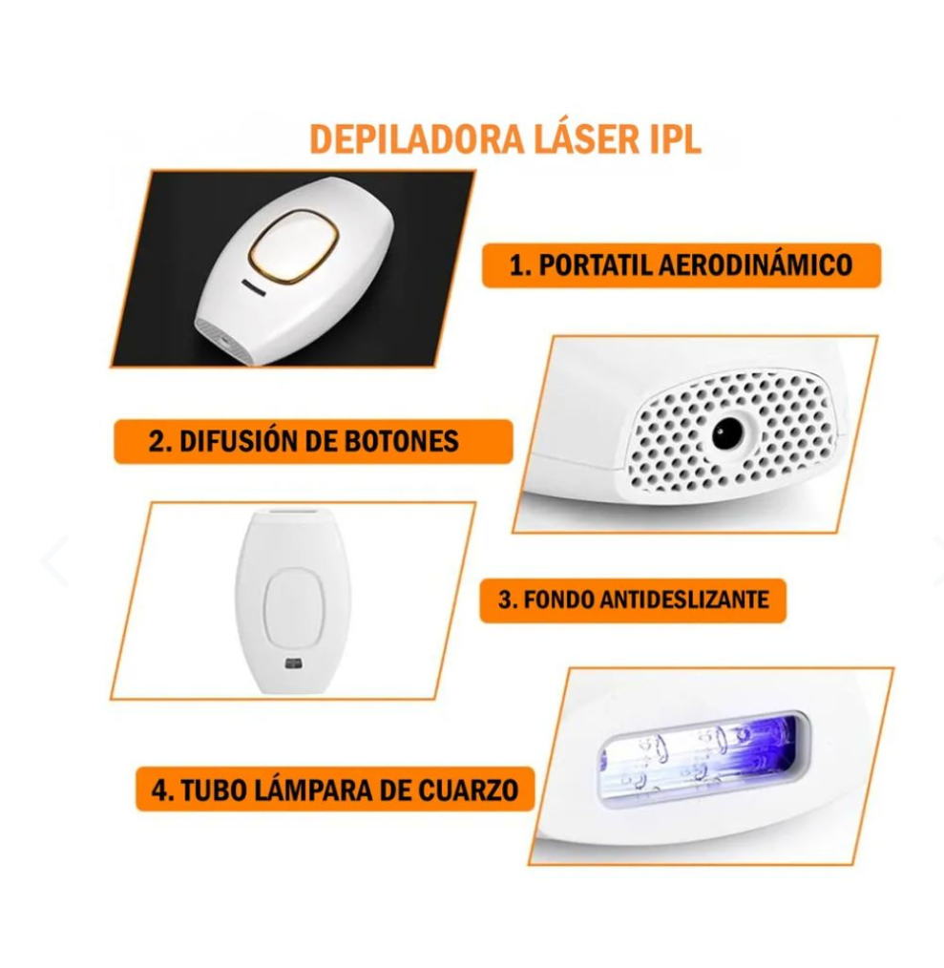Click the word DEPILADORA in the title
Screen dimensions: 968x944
click(415, 138)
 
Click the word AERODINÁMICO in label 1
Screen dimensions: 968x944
click(755, 264)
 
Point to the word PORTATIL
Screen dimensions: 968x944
click(594, 264)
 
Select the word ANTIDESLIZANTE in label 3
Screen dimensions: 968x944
click(684, 600)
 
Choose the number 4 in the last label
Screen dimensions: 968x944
click(158, 789)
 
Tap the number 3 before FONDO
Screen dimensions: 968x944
click(505, 600)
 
